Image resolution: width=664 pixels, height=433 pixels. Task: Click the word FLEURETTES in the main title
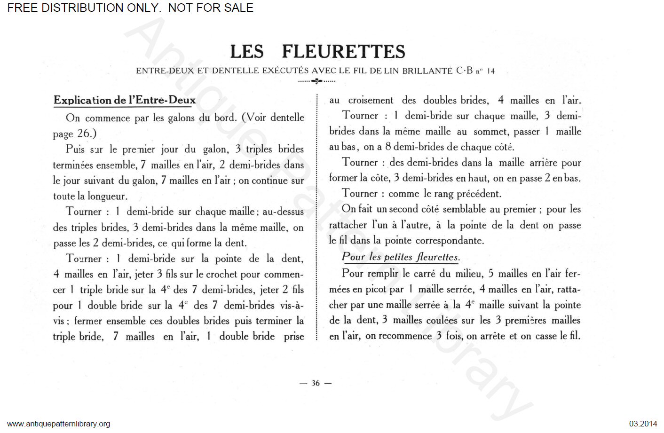point(343,52)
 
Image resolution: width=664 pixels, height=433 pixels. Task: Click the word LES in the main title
point(247,52)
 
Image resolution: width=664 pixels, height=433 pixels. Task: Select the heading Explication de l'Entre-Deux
point(125,100)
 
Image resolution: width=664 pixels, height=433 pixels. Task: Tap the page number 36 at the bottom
point(316,383)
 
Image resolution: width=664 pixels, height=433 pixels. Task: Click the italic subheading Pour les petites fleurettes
point(400,257)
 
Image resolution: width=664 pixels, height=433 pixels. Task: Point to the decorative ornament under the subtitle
point(317,81)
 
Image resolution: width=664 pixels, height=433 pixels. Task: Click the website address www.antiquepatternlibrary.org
point(59,424)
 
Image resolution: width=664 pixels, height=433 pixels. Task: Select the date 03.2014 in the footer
point(643,424)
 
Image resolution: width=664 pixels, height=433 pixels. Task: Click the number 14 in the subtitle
point(490,71)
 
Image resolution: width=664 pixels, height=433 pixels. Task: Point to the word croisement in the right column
point(371,100)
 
